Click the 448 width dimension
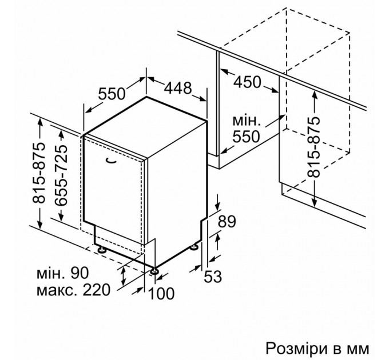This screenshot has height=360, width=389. click(x=178, y=88)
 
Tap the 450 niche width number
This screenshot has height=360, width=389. click(x=247, y=82)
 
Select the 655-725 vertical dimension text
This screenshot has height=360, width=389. click(x=61, y=175)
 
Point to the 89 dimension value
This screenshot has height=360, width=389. click(x=227, y=222)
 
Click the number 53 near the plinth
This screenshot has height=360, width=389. click(x=213, y=277)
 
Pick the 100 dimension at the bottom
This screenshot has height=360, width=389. click(x=161, y=294)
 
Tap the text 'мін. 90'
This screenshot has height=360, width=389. click(x=62, y=273)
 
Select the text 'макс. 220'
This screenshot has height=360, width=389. click(x=73, y=290)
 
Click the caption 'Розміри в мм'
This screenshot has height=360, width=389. click(x=317, y=349)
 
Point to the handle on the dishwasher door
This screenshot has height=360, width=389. click(x=111, y=161)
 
